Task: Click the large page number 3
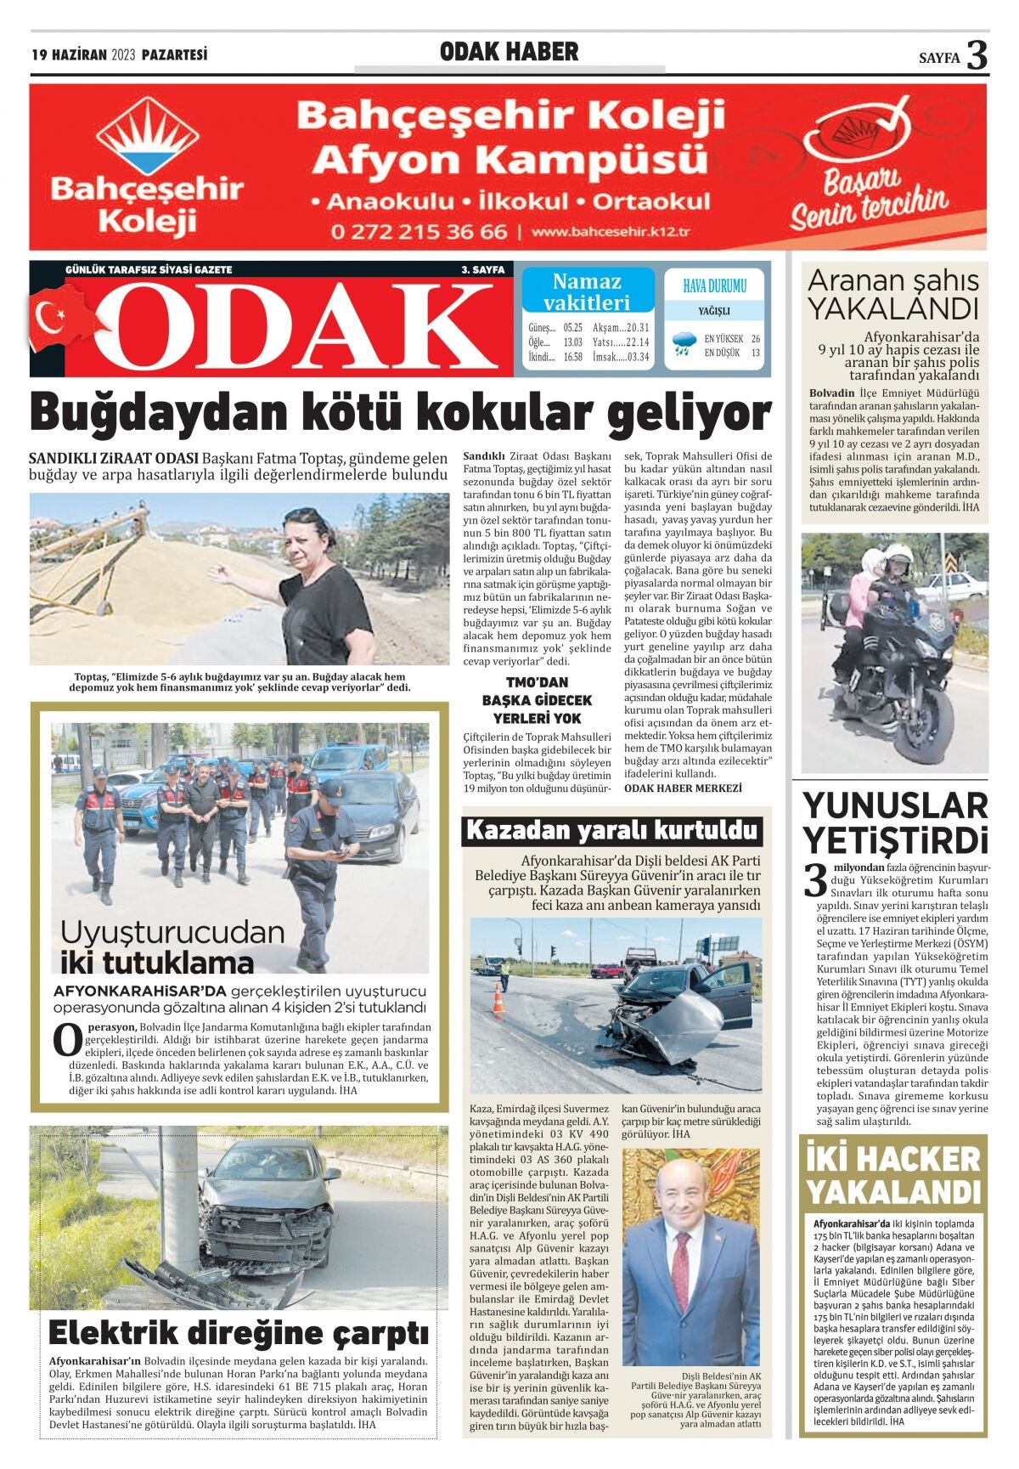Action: (977, 55)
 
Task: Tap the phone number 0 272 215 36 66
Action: (419, 232)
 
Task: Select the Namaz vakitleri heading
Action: (587, 291)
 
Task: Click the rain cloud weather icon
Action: (683, 344)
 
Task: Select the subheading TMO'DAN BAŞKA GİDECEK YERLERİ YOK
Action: (537, 700)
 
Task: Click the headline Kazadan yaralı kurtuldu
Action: (611, 830)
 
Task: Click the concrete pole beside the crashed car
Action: (181, 1206)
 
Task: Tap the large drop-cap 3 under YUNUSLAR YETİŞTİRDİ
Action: (815, 880)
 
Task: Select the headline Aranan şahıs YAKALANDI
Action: (892, 294)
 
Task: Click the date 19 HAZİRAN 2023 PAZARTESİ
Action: (120, 55)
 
